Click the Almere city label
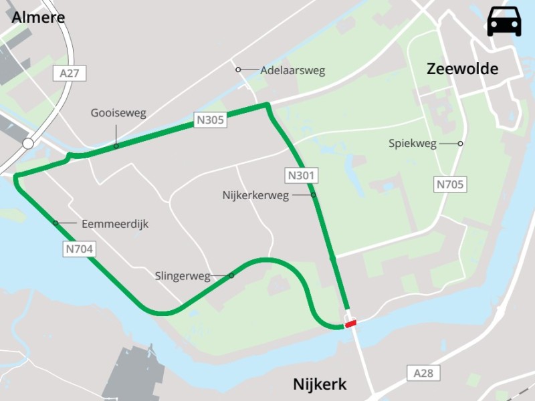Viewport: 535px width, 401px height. (x=38, y=17)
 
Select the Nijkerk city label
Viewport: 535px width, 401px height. (x=320, y=384)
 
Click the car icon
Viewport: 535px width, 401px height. (x=504, y=21)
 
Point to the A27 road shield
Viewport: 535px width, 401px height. (x=69, y=74)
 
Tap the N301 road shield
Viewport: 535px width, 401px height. (x=302, y=176)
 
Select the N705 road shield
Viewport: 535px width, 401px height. (x=449, y=184)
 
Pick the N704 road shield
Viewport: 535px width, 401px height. (x=80, y=249)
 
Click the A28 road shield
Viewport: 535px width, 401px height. (x=423, y=373)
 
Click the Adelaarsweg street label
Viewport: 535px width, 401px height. (x=292, y=70)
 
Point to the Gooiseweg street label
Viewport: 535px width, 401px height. (x=118, y=113)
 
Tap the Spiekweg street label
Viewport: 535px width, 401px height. (x=413, y=144)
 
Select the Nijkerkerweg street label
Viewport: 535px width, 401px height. (x=255, y=195)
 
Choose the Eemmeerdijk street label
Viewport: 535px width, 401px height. (x=115, y=224)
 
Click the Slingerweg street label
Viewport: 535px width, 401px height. (x=183, y=275)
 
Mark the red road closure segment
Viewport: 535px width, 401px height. (x=350, y=324)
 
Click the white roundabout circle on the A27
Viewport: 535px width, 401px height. (x=27, y=144)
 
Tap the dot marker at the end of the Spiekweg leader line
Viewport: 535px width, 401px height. (x=461, y=144)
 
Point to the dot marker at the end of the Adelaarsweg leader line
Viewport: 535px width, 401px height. (x=237, y=70)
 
